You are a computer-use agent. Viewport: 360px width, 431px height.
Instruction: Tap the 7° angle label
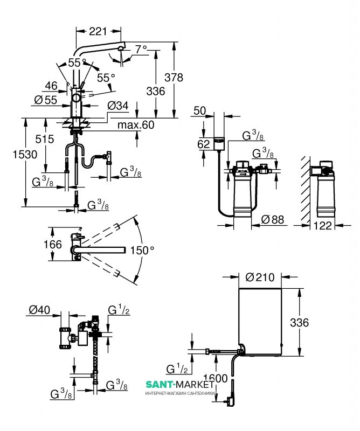tap(141, 49)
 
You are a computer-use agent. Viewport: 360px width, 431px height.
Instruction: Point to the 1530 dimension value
tap(12, 155)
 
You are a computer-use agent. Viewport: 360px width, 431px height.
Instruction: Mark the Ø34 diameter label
tap(118, 106)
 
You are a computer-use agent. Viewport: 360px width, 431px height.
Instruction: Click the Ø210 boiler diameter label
tap(259, 278)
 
